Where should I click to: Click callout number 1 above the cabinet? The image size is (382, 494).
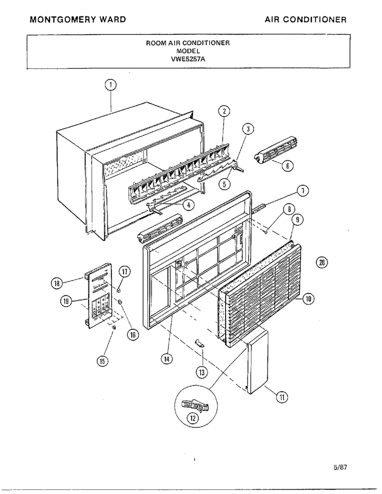111,85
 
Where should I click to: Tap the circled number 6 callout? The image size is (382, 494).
288,166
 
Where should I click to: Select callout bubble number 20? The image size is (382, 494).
322,262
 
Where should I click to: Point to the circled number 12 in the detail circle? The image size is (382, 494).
193,418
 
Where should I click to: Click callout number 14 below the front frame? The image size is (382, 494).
167,359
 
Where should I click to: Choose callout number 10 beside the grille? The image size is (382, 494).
309,298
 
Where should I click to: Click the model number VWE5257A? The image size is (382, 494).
188,59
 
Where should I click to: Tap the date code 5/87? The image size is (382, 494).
340,467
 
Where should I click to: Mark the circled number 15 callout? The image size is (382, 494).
103,361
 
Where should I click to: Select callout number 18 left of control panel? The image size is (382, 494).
57,283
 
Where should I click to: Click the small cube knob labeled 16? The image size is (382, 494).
120,302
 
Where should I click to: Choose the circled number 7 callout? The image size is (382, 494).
303,191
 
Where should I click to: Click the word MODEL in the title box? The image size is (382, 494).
188,51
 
